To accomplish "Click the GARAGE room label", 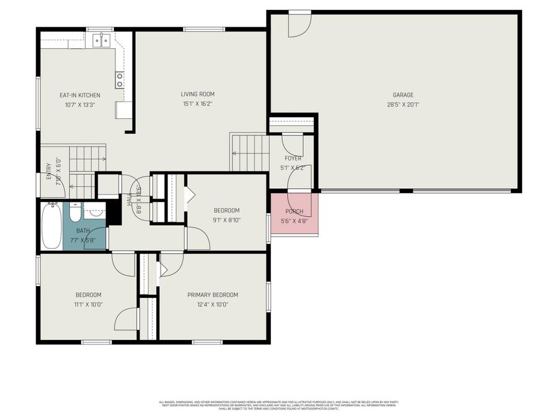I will [402, 95].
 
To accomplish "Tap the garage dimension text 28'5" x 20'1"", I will [402, 104].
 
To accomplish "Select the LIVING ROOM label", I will [197, 94].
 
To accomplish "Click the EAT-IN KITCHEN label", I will [79, 95].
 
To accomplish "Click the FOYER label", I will [293, 159].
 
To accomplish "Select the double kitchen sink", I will [102, 41].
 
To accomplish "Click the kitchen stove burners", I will [119, 79].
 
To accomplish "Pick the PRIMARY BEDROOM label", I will [213, 295].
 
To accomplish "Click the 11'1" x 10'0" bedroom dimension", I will [88, 304].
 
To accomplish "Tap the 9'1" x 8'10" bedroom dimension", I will [226, 220].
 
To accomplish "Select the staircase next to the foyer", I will [250, 153].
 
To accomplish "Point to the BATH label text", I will [83, 231].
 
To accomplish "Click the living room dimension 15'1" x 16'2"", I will [197, 104].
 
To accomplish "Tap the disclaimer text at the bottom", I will [279, 405].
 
